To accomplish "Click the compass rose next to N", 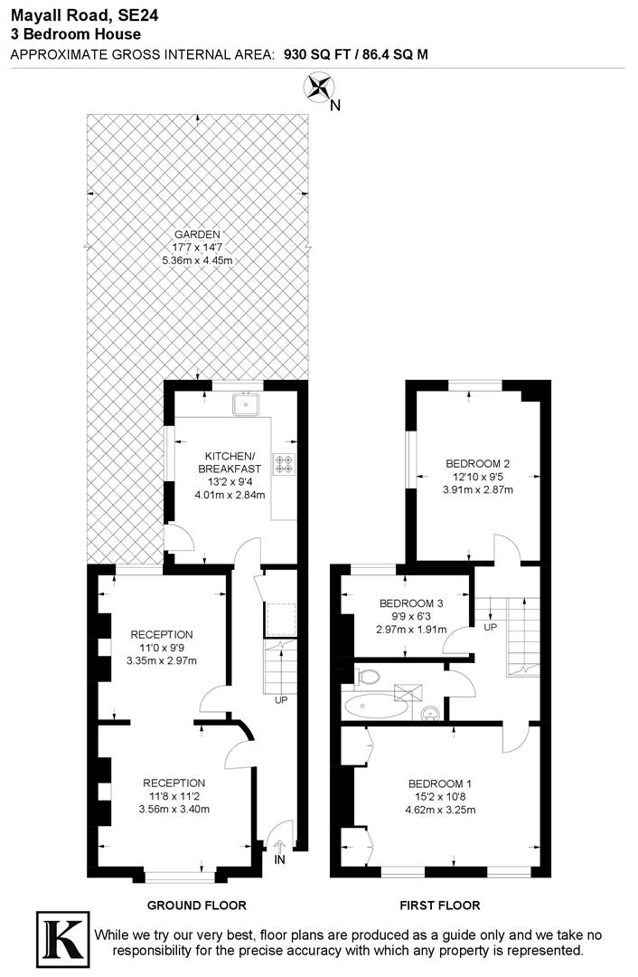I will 318,88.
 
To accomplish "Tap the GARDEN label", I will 198,233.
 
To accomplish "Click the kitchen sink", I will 244,405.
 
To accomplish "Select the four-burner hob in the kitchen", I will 284,463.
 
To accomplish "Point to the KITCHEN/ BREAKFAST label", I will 230,461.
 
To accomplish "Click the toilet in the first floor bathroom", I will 369,676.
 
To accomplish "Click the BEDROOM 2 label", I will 478,464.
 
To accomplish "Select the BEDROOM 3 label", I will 411,603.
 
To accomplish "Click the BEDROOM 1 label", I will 440,783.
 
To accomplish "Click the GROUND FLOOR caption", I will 197,905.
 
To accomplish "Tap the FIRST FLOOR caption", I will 440,905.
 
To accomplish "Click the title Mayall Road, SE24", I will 75,14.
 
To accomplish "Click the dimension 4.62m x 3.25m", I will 440,809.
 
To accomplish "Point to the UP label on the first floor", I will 491,627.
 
